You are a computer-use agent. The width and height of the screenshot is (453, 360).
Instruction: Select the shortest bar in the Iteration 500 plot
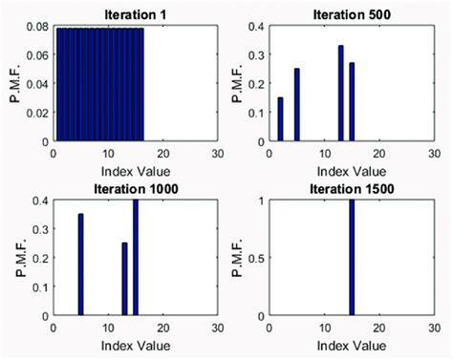[280, 119]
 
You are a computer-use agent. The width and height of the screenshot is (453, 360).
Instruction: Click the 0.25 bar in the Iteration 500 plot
[297, 104]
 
